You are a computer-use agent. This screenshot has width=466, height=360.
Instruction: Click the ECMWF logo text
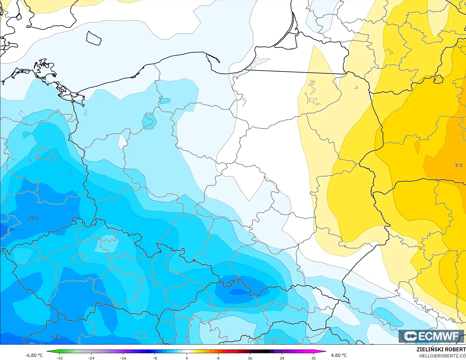click(438, 336)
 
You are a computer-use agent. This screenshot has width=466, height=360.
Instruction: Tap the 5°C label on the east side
click(459, 165)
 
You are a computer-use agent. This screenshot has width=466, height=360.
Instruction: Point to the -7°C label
click(56, 337)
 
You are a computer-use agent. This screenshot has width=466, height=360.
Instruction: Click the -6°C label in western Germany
click(32, 219)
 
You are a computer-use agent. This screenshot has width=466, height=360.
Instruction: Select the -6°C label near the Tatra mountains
click(233, 282)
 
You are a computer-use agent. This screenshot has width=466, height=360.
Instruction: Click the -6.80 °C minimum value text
click(34, 355)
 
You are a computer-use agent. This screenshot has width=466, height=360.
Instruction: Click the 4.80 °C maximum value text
click(339, 355)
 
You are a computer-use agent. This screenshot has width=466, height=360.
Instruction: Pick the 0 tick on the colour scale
click(186, 358)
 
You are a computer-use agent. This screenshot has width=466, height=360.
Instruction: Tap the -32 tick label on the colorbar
click(59, 358)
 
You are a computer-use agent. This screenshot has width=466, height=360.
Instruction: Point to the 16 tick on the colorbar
click(250, 358)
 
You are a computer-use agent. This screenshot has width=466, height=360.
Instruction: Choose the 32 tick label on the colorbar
click(313, 358)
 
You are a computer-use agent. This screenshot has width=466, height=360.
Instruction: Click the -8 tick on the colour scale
click(155, 358)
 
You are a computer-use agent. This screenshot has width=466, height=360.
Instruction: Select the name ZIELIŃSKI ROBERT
click(441, 349)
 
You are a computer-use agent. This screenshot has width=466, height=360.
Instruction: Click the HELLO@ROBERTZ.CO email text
click(442, 356)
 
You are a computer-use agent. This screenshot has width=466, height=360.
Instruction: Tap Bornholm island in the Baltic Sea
click(94, 38)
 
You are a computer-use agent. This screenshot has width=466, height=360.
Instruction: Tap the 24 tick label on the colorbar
click(282, 358)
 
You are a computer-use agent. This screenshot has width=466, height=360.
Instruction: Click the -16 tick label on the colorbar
click(123, 358)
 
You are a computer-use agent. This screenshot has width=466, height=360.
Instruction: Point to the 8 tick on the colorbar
click(218, 358)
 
